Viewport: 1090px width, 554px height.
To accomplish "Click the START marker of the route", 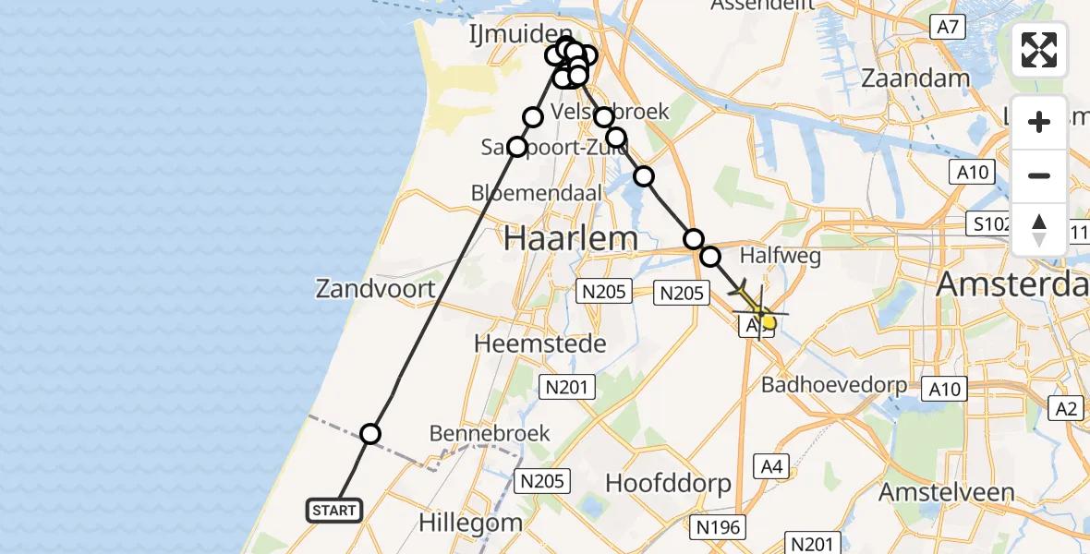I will [333, 510].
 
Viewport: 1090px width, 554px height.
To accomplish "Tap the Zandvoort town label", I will [375, 289].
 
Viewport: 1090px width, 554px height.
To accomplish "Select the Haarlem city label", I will [571, 238].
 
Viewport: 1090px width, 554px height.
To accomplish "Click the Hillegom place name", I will [470, 522].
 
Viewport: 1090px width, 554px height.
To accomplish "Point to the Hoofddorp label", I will [668, 483].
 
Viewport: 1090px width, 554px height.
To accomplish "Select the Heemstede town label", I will [540, 344].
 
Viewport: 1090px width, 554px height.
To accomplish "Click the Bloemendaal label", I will [536, 194].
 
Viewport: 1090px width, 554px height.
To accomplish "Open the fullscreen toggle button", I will [1039, 50].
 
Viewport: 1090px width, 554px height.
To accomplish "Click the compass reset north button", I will [1039, 230].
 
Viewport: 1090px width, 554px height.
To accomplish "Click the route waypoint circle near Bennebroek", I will [370, 434].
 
